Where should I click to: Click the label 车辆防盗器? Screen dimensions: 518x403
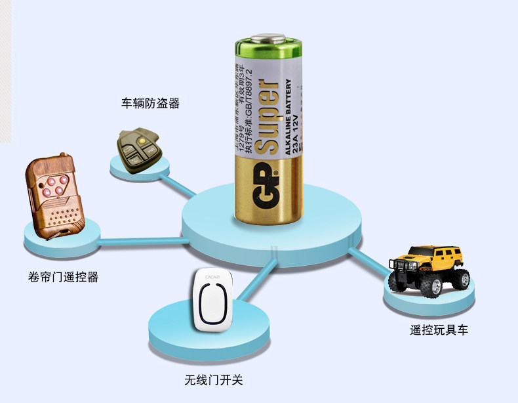pyautogui.click(x=150, y=104)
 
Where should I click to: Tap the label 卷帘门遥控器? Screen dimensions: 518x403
pyautogui.click(x=63, y=277)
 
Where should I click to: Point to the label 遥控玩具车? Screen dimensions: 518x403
pyautogui.click(x=439, y=329)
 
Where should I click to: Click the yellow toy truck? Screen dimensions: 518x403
pyautogui.click(x=429, y=268)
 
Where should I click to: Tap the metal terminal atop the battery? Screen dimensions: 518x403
pyautogui.click(x=269, y=40)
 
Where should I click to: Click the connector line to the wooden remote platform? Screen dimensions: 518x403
pyautogui.click(x=141, y=240)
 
